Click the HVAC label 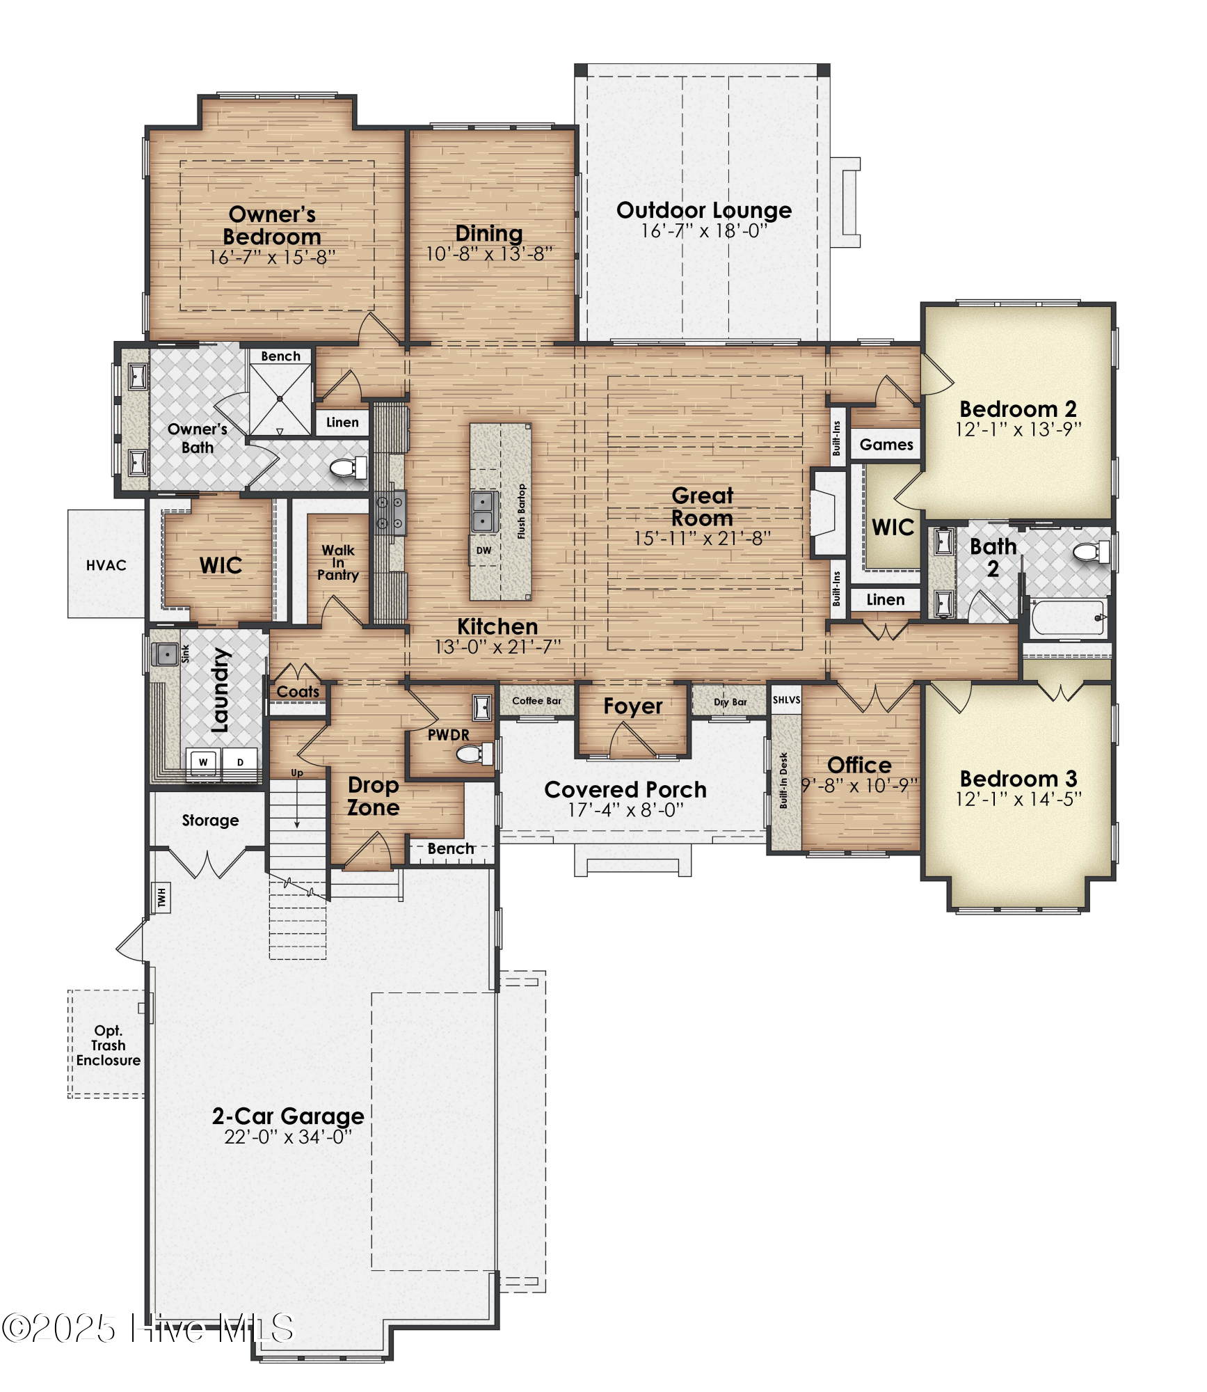(106, 565)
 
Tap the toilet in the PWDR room (474, 754)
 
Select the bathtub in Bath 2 (1068, 617)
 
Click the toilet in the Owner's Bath (348, 467)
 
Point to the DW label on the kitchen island (483, 551)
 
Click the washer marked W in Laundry (204, 763)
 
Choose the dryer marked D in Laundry (240, 763)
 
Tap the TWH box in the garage (161, 898)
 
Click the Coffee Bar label (536, 701)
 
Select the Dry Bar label (730, 702)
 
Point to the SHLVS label (786, 700)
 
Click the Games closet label (886, 445)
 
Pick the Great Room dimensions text (702, 538)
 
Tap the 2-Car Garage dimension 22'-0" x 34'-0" (288, 1137)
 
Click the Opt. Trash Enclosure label (109, 1045)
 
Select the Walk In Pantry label (338, 562)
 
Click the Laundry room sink (166, 654)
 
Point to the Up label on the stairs (297, 773)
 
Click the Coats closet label (298, 692)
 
